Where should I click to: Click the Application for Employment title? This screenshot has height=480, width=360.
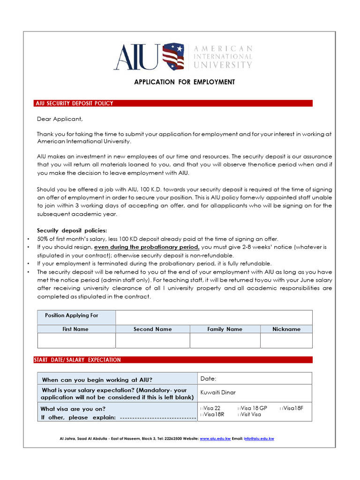click(x=185, y=82)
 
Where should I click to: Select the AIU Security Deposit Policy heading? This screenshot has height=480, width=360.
click(x=75, y=103)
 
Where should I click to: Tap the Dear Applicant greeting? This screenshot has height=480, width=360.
click(x=60, y=119)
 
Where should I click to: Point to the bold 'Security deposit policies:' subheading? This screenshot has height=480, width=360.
click(x=72, y=230)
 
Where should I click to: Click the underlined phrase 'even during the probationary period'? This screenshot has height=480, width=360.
click(x=147, y=247)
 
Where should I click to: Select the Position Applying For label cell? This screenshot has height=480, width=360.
click(x=72, y=315)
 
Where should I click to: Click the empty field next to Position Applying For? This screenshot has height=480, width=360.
click(x=213, y=317)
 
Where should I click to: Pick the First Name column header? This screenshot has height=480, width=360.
click(x=75, y=329)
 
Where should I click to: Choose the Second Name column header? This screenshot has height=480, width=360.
click(x=152, y=329)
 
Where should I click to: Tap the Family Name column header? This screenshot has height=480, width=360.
click(x=225, y=329)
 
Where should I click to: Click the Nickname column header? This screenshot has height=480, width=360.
click(x=286, y=329)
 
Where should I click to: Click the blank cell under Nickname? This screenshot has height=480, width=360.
click(x=286, y=341)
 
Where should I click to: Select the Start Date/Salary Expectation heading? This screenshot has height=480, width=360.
click(x=77, y=360)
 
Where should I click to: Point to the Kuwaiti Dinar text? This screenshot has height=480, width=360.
click(x=218, y=392)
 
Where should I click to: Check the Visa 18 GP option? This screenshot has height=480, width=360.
click(x=240, y=408)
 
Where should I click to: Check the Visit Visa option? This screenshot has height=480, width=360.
click(x=240, y=414)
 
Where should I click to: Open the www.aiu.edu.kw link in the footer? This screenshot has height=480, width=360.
click(x=215, y=439)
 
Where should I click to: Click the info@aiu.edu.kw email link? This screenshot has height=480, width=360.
click(x=259, y=439)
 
